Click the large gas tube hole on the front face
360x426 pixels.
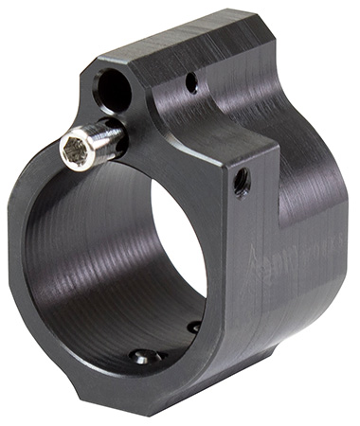pyautogui.click(x=113, y=91)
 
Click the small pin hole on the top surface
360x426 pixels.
pyautogui.click(x=192, y=83)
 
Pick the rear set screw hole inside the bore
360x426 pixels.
pyautogui.click(x=193, y=327)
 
